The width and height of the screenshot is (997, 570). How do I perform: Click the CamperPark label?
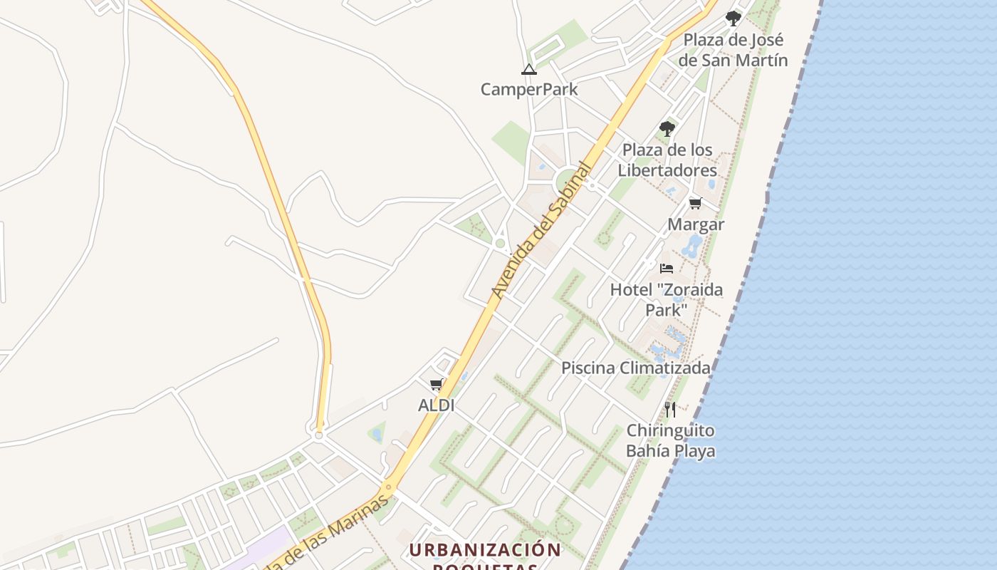[x=528, y=90]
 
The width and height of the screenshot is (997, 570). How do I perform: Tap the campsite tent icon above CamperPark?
[x=528, y=69]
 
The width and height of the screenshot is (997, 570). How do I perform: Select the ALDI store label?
[x=436, y=405]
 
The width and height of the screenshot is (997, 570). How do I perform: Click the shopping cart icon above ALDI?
[x=437, y=385]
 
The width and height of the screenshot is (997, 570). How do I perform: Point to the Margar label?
[x=696, y=224]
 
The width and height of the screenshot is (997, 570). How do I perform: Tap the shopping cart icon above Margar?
[x=696, y=204]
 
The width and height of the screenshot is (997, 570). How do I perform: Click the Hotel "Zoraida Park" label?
[x=666, y=299]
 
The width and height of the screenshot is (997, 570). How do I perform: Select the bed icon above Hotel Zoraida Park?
[x=667, y=268]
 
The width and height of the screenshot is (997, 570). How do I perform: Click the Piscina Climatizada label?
[x=635, y=368]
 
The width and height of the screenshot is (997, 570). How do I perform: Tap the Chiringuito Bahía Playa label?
[x=670, y=440]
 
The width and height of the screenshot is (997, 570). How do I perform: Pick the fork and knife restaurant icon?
[x=670, y=409]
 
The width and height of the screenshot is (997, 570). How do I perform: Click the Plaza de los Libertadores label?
[x=667, y=160]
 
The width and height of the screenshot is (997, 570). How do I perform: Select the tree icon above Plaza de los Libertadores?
[x=667, y=129]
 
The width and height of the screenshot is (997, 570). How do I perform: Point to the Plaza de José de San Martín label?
[x=733, y=50]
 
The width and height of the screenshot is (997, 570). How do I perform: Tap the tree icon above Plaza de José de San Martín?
[x=733, y=19]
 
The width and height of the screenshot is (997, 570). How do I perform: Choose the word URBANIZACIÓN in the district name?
[x=485, y=550]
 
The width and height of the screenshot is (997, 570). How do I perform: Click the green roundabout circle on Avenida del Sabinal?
[x=568, y=182]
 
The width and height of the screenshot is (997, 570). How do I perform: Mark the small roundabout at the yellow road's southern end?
[x=318, y=435]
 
